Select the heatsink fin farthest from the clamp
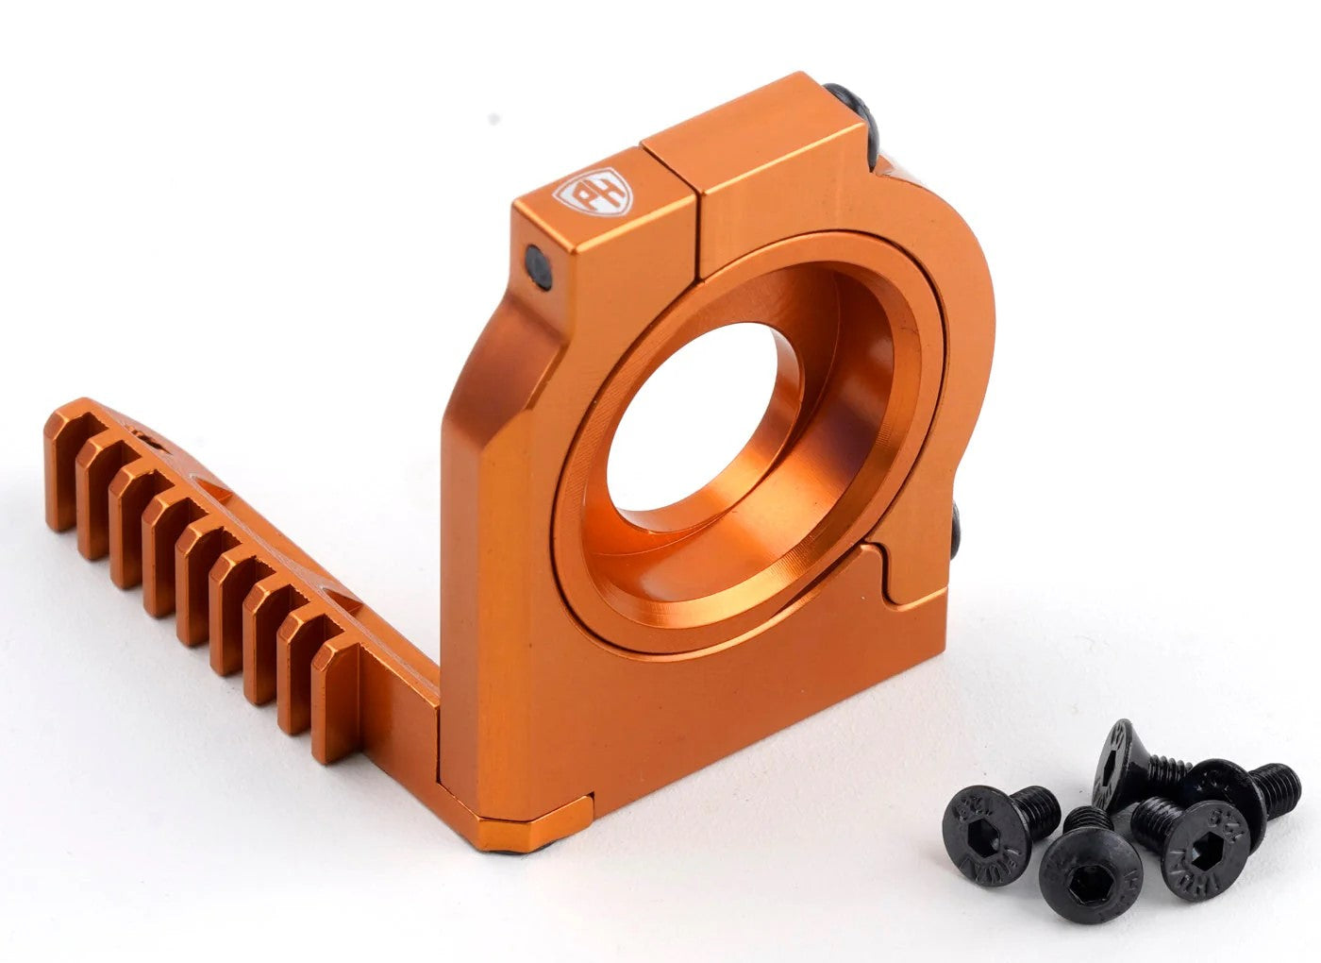point(60,472)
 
